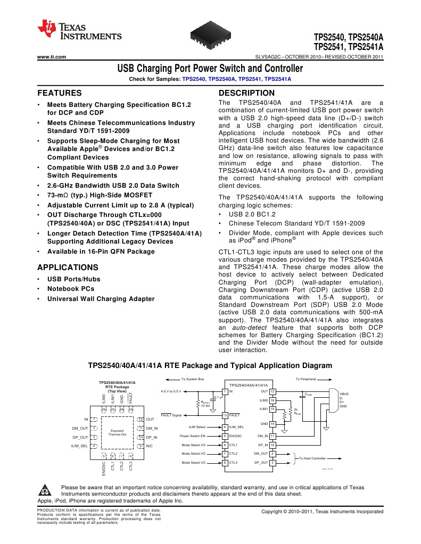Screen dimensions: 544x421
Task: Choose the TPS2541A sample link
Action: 278,79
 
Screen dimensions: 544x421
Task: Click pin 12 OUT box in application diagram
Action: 272,391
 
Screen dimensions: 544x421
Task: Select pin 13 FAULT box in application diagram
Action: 225,415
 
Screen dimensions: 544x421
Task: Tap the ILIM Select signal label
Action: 197,427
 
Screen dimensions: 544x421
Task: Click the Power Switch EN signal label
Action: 193,436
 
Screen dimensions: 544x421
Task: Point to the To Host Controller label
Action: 311,458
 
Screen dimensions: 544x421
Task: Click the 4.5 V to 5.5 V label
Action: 170,391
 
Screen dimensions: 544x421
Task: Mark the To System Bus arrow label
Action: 193,379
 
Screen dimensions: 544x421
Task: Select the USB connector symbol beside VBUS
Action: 334,399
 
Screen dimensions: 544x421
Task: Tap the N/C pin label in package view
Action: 150,446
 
